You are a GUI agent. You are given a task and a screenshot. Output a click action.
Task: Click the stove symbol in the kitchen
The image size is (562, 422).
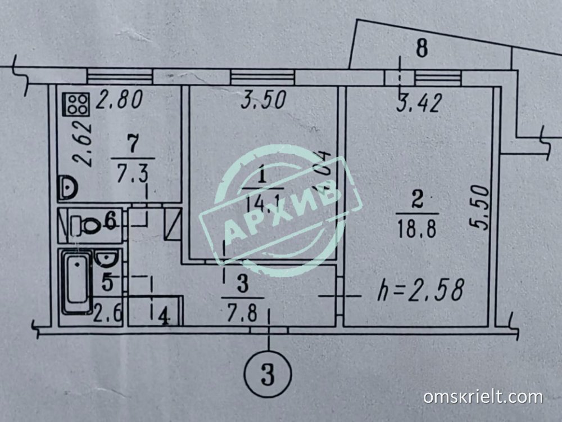click(x=77, y=102)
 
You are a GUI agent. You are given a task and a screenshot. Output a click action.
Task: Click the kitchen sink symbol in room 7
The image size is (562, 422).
click(x=67, y=186)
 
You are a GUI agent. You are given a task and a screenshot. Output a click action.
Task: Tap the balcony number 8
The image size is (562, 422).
click(x=421, y=47)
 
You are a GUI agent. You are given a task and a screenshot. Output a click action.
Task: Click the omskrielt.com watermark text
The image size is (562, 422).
click(x=483, y=397)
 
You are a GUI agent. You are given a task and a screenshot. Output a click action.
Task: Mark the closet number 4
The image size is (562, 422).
click(x=164, y=318)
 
